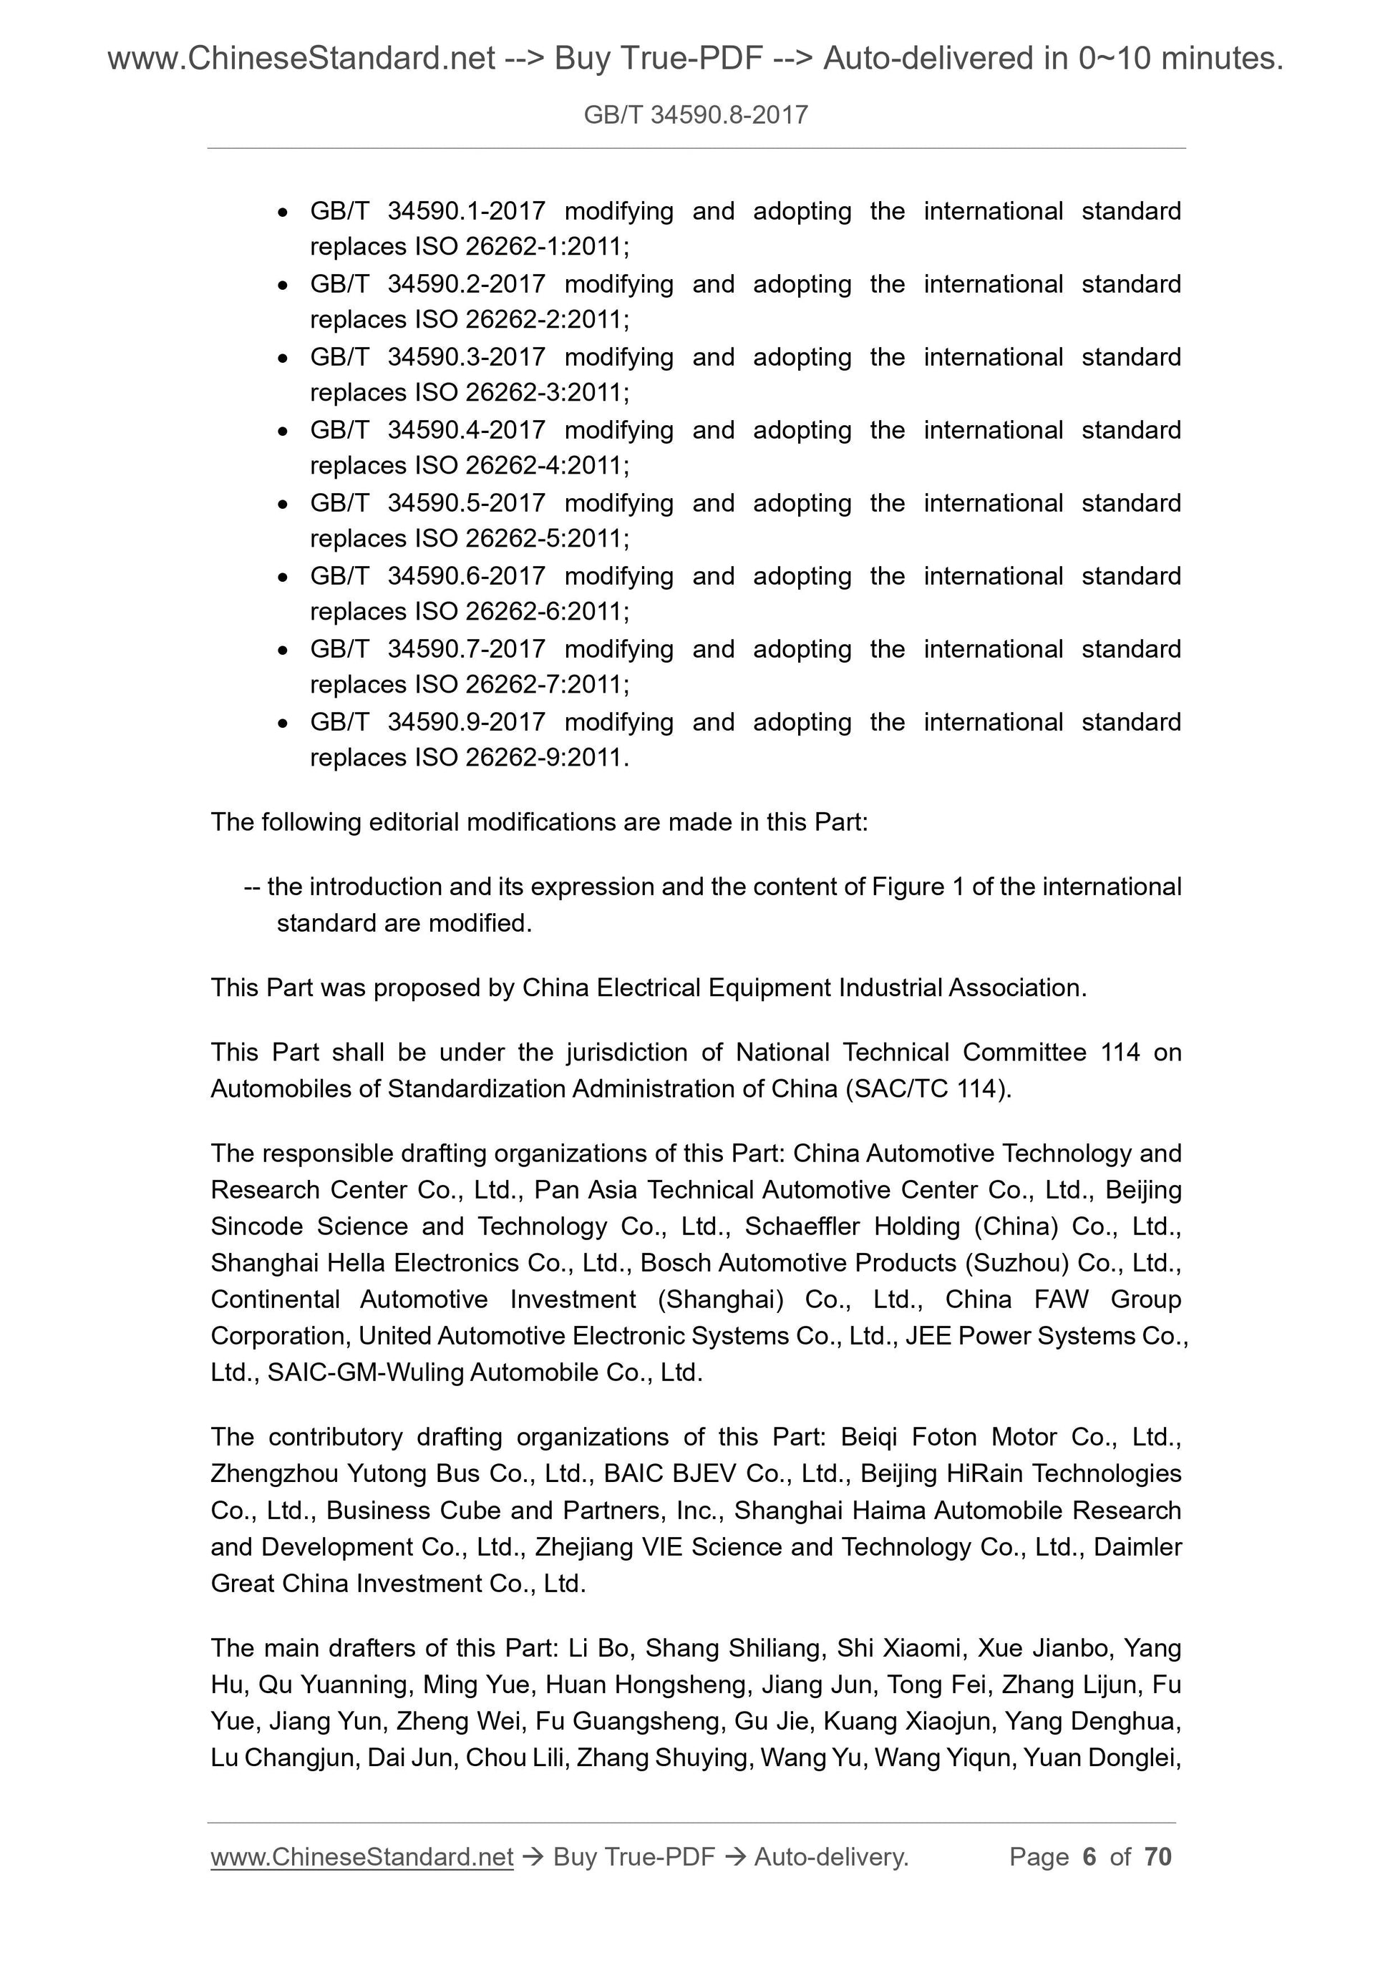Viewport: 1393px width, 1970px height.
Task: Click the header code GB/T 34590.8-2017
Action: (x=695, y=115)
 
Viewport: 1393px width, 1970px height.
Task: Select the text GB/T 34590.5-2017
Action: (x=427, y=503)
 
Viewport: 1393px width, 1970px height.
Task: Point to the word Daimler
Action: (x=1137, y=1547)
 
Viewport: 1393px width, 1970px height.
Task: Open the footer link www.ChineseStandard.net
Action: (x=361, y=1858)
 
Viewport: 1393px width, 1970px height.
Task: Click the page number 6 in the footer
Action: (x=1089, y=1857)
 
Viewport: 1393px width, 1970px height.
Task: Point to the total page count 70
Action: (x=1157, y=1857)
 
